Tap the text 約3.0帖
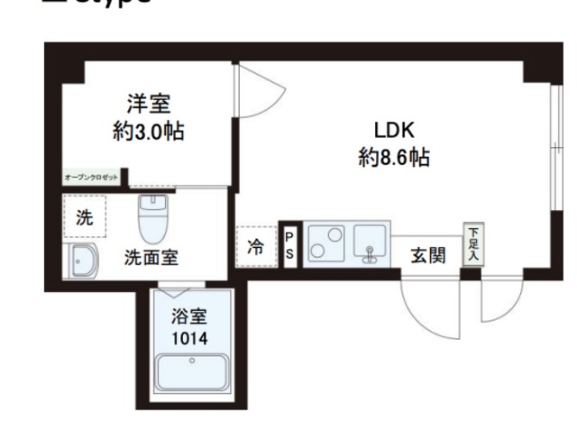pyautogui.click(x=149, y=132)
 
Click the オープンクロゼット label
pyautogui.click(x=91, y=178)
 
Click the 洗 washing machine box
pyautogui.click(x=84, y=217)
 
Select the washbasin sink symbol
pyautogui.click(x=85, y=261)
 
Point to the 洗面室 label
pyautogui.click(x=151, y=257)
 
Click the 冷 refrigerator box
pyautogui.click(x=256, y=246)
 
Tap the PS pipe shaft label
pyautogui.click(x=289, y=245)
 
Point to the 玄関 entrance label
pyautogui.click(x=428, y=256)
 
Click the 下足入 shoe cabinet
pyautogui.click(x=472, y=243)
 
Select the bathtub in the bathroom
pyautogui.click(x=191, y=372)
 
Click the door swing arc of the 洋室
pyautogui.click(x=254, y=95)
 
